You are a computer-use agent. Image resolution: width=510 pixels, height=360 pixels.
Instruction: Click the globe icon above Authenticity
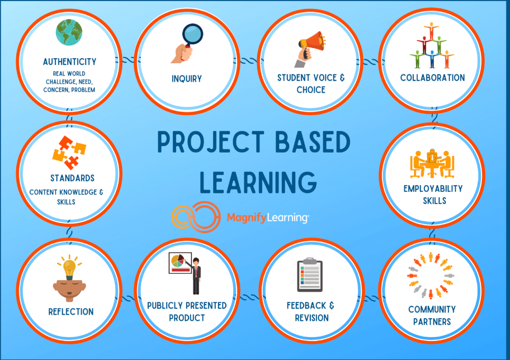(69, 32)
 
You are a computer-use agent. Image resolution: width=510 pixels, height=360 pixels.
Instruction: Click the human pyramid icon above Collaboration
(432, 46)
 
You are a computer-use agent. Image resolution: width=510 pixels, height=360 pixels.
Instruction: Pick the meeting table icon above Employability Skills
(432, 163)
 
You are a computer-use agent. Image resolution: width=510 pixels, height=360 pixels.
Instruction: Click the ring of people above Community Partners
(432, 275)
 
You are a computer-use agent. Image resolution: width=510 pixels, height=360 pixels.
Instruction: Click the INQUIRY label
(187, 79)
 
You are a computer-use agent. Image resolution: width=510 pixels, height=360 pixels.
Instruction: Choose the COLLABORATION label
(432, 78)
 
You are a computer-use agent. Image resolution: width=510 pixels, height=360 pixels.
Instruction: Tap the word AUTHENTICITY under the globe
(69, 61)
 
